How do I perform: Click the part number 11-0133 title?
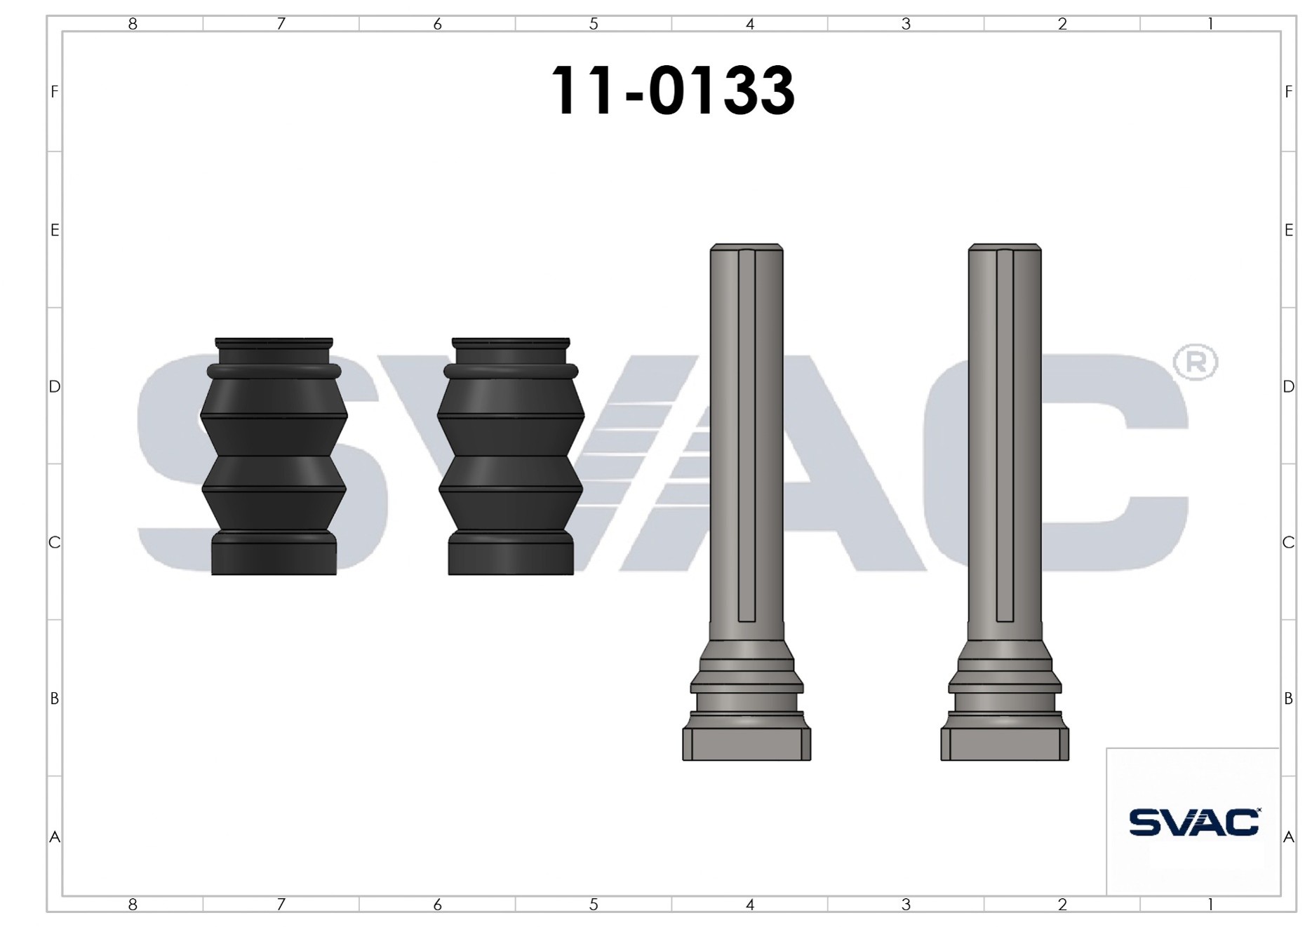click(x=673, y=90)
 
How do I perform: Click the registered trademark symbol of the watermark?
click(x=1195, y=362)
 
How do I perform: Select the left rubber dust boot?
click(x=274, y=456)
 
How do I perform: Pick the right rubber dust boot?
click(x=511, y=456)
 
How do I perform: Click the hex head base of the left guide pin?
click(x=747, y=744)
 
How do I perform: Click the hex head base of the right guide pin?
click(x=1005, y=744)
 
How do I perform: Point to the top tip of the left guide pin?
click(x=747, y=245)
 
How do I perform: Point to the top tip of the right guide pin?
click(x=1005, y=245)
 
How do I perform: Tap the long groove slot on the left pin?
click(x=747, y=435)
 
